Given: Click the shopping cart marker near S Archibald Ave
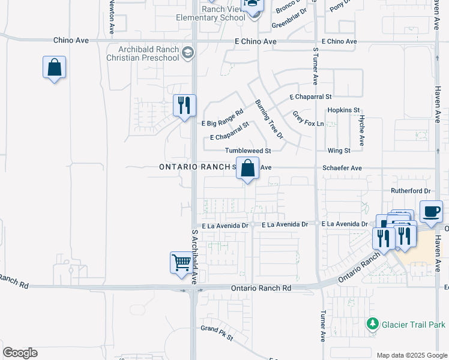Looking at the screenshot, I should pyautogui.click(x=181, y=262).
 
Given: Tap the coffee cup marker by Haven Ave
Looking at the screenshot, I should pyautogui.click(x=431, y=211).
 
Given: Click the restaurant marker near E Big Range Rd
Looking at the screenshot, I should pyautogui.click(x=184, y=105).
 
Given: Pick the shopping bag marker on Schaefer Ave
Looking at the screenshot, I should pyautogui.click(x=247, y=168).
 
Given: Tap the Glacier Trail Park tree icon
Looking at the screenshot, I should pyautogui.click(x=373, y=324).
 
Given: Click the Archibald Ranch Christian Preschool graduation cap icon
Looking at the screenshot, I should pyautogui.click(x=188, y=53).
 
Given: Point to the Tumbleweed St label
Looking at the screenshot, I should pyautogui.click(x=249, y=151).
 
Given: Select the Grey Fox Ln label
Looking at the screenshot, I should pyautogui.click(x=308, y=118).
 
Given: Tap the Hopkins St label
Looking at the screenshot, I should pyautogui.click(x=343, y=110).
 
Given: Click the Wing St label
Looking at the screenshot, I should pyautogui.click(x=339, y=151).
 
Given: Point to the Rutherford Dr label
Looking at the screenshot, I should pyautogui.click(x=411, y=191).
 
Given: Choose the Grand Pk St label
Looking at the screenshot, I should pyautogui.click(x=216, y=333).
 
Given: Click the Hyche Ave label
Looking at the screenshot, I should pyautogui.click(x=362, y=131).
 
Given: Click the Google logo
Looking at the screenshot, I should pyautogui.click(x=20, y=353).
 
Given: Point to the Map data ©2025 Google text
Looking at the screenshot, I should pyautogui.click(x=411, y=355).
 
